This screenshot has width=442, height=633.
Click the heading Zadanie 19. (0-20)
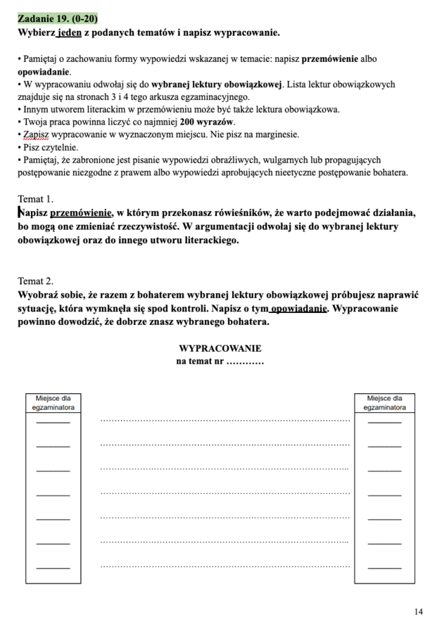coord(58,19)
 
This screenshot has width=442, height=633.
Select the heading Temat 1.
coord(35,199)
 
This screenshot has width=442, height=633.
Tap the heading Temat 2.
coord(35,281)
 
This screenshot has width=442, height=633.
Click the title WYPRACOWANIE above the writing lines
coord(220,348)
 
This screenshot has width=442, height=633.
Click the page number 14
coord(419,612)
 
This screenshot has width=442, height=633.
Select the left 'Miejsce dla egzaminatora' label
coord(53,402)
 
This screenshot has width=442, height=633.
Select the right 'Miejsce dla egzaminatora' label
coord(384,402)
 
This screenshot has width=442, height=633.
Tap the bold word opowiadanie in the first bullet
coord(44,72)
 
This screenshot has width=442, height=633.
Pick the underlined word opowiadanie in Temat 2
coord(298,309)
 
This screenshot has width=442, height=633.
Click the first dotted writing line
coord(225,421)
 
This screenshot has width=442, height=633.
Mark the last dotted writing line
coord(225,565)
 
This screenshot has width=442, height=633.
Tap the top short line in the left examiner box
coord(53,422)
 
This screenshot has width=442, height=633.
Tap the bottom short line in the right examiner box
coord(384,567)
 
